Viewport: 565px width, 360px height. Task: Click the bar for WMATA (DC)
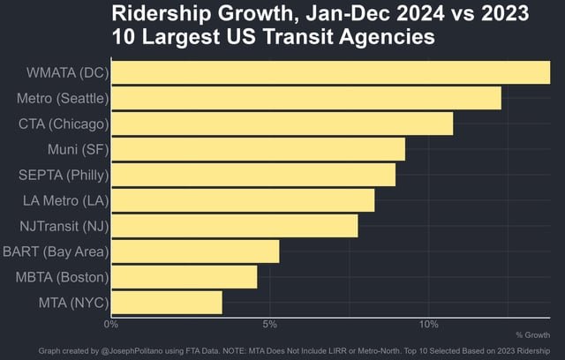(x=331, y=72)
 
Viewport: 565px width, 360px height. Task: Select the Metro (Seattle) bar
(x=306, y=98)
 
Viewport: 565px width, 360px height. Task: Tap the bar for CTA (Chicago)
(x=282, y=124)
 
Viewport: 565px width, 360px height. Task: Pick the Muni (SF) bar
(x=259, y=149)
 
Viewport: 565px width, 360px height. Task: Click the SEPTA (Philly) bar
(x=253, y=175)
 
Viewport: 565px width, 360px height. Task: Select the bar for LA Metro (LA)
(x=243, y=200)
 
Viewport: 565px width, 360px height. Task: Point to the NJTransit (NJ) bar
(x=235, y=226)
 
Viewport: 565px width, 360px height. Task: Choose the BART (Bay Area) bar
(x=195, y=251)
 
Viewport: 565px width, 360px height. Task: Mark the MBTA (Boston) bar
(x=185, y=277)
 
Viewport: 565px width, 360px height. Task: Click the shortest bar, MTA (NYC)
(x=167, y=303)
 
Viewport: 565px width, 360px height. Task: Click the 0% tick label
(x=111, y=324)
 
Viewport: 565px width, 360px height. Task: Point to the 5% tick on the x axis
(x=270, y=324)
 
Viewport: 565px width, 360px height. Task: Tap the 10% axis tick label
(x=428, y=324)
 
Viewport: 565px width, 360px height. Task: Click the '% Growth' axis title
(x=532, y=335)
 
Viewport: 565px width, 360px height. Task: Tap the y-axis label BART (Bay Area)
(x=55, y=251)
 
